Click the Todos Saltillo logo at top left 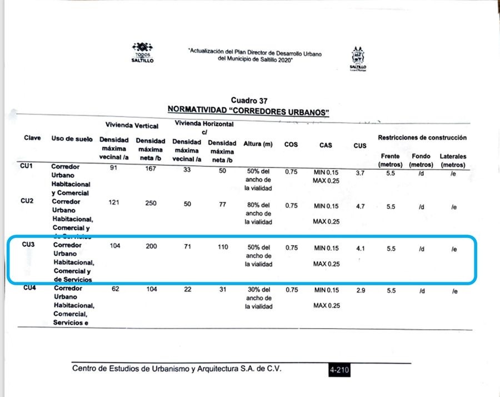pyautogui.click(x=143, y=52)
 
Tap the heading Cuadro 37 pyautogui.click(x=249, y=101)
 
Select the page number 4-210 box pyautogui.click(x=339, y=370)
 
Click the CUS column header pyautogui.click(x=360, y=146)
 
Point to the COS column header pyautogui.click(x=291, y=144)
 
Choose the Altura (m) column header pyautogui.click(x=258, y=144)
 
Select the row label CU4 pyautogui.click(x=31, y=289)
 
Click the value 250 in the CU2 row pyautogui.click(x=150, y=204)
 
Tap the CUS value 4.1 pyautogui.click(x=360, y=249)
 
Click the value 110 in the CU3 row pyautogui.click(x=222, y=246)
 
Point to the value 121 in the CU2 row pyautogui.click(x=114, y=204)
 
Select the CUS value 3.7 pyautogui.click(x=360, y=173)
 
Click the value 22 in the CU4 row pyautogui.click(x=187, y=289)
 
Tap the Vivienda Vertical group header pyautogui.click(x=132, y=126)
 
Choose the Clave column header pyautogui.click(x=32, y=138)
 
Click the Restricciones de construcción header pyautogui.click(x=422, y=137)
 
